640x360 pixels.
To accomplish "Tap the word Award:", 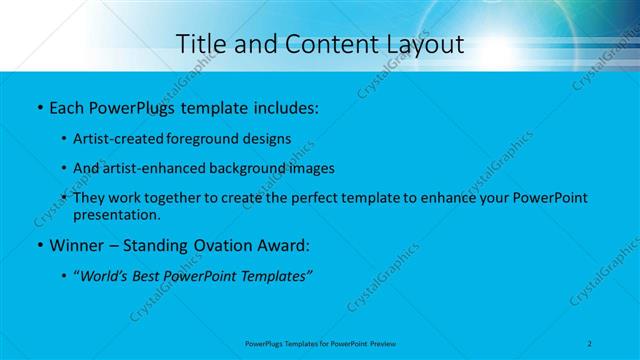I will click(x=283, y=245).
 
